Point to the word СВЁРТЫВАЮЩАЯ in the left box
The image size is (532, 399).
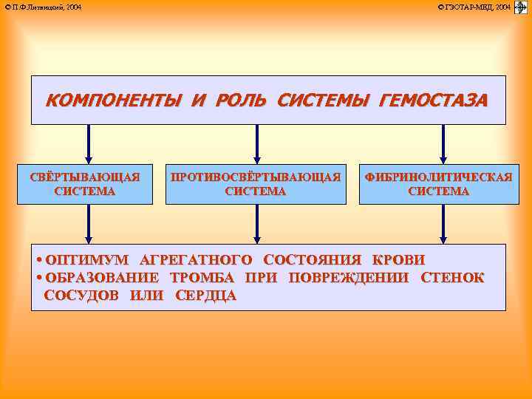click(x=85, y=177)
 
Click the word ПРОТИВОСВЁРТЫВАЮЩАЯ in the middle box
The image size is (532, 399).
click(x=256, y=177)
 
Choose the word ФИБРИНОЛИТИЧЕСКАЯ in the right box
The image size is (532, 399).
click(x=438, y=177)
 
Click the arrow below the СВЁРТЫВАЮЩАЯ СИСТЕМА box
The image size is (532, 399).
click(x=89, y=223)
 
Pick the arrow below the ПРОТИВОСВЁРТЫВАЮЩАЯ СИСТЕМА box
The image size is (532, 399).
click(x=256, y=223)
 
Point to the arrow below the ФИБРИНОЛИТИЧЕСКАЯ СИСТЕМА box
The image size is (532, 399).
click(x=443, y=223)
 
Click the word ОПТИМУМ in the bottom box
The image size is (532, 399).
click(x=86, y=260)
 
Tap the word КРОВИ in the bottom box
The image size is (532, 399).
click(x=399, y=260)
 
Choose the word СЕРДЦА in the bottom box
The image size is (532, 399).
click(x=206, y=296)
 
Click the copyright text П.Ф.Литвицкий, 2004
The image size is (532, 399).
click(x=44, y=7)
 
